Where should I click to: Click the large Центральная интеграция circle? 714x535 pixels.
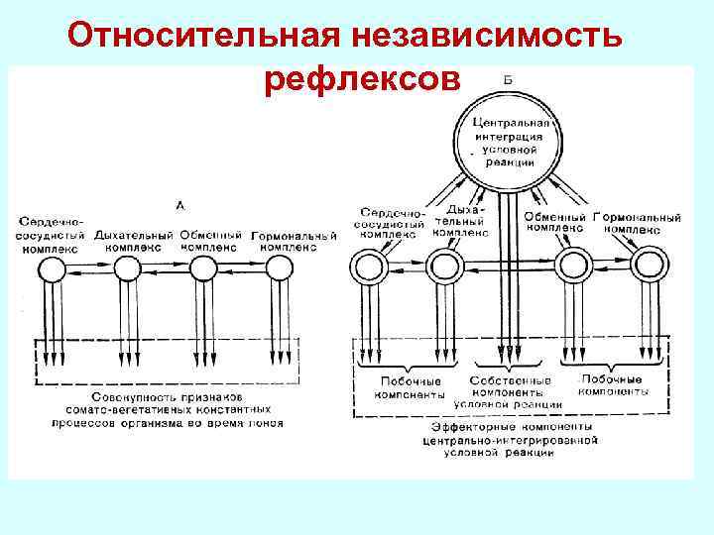tap(509, 140)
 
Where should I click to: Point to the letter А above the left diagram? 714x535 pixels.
tap(179, 205)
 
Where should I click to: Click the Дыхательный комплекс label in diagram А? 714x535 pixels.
tap(133, 241)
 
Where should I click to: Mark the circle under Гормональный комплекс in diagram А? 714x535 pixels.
tap(278, 267)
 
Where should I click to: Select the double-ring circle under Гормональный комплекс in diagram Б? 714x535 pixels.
tap(650, 266)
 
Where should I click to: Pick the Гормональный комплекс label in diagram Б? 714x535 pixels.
tap(636, 223)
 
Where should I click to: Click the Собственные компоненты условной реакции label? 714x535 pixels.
tap(509, 391)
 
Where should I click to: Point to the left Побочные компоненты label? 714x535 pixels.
tap(410, 386)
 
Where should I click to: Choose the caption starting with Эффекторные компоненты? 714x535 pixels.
tap(508, 439)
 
